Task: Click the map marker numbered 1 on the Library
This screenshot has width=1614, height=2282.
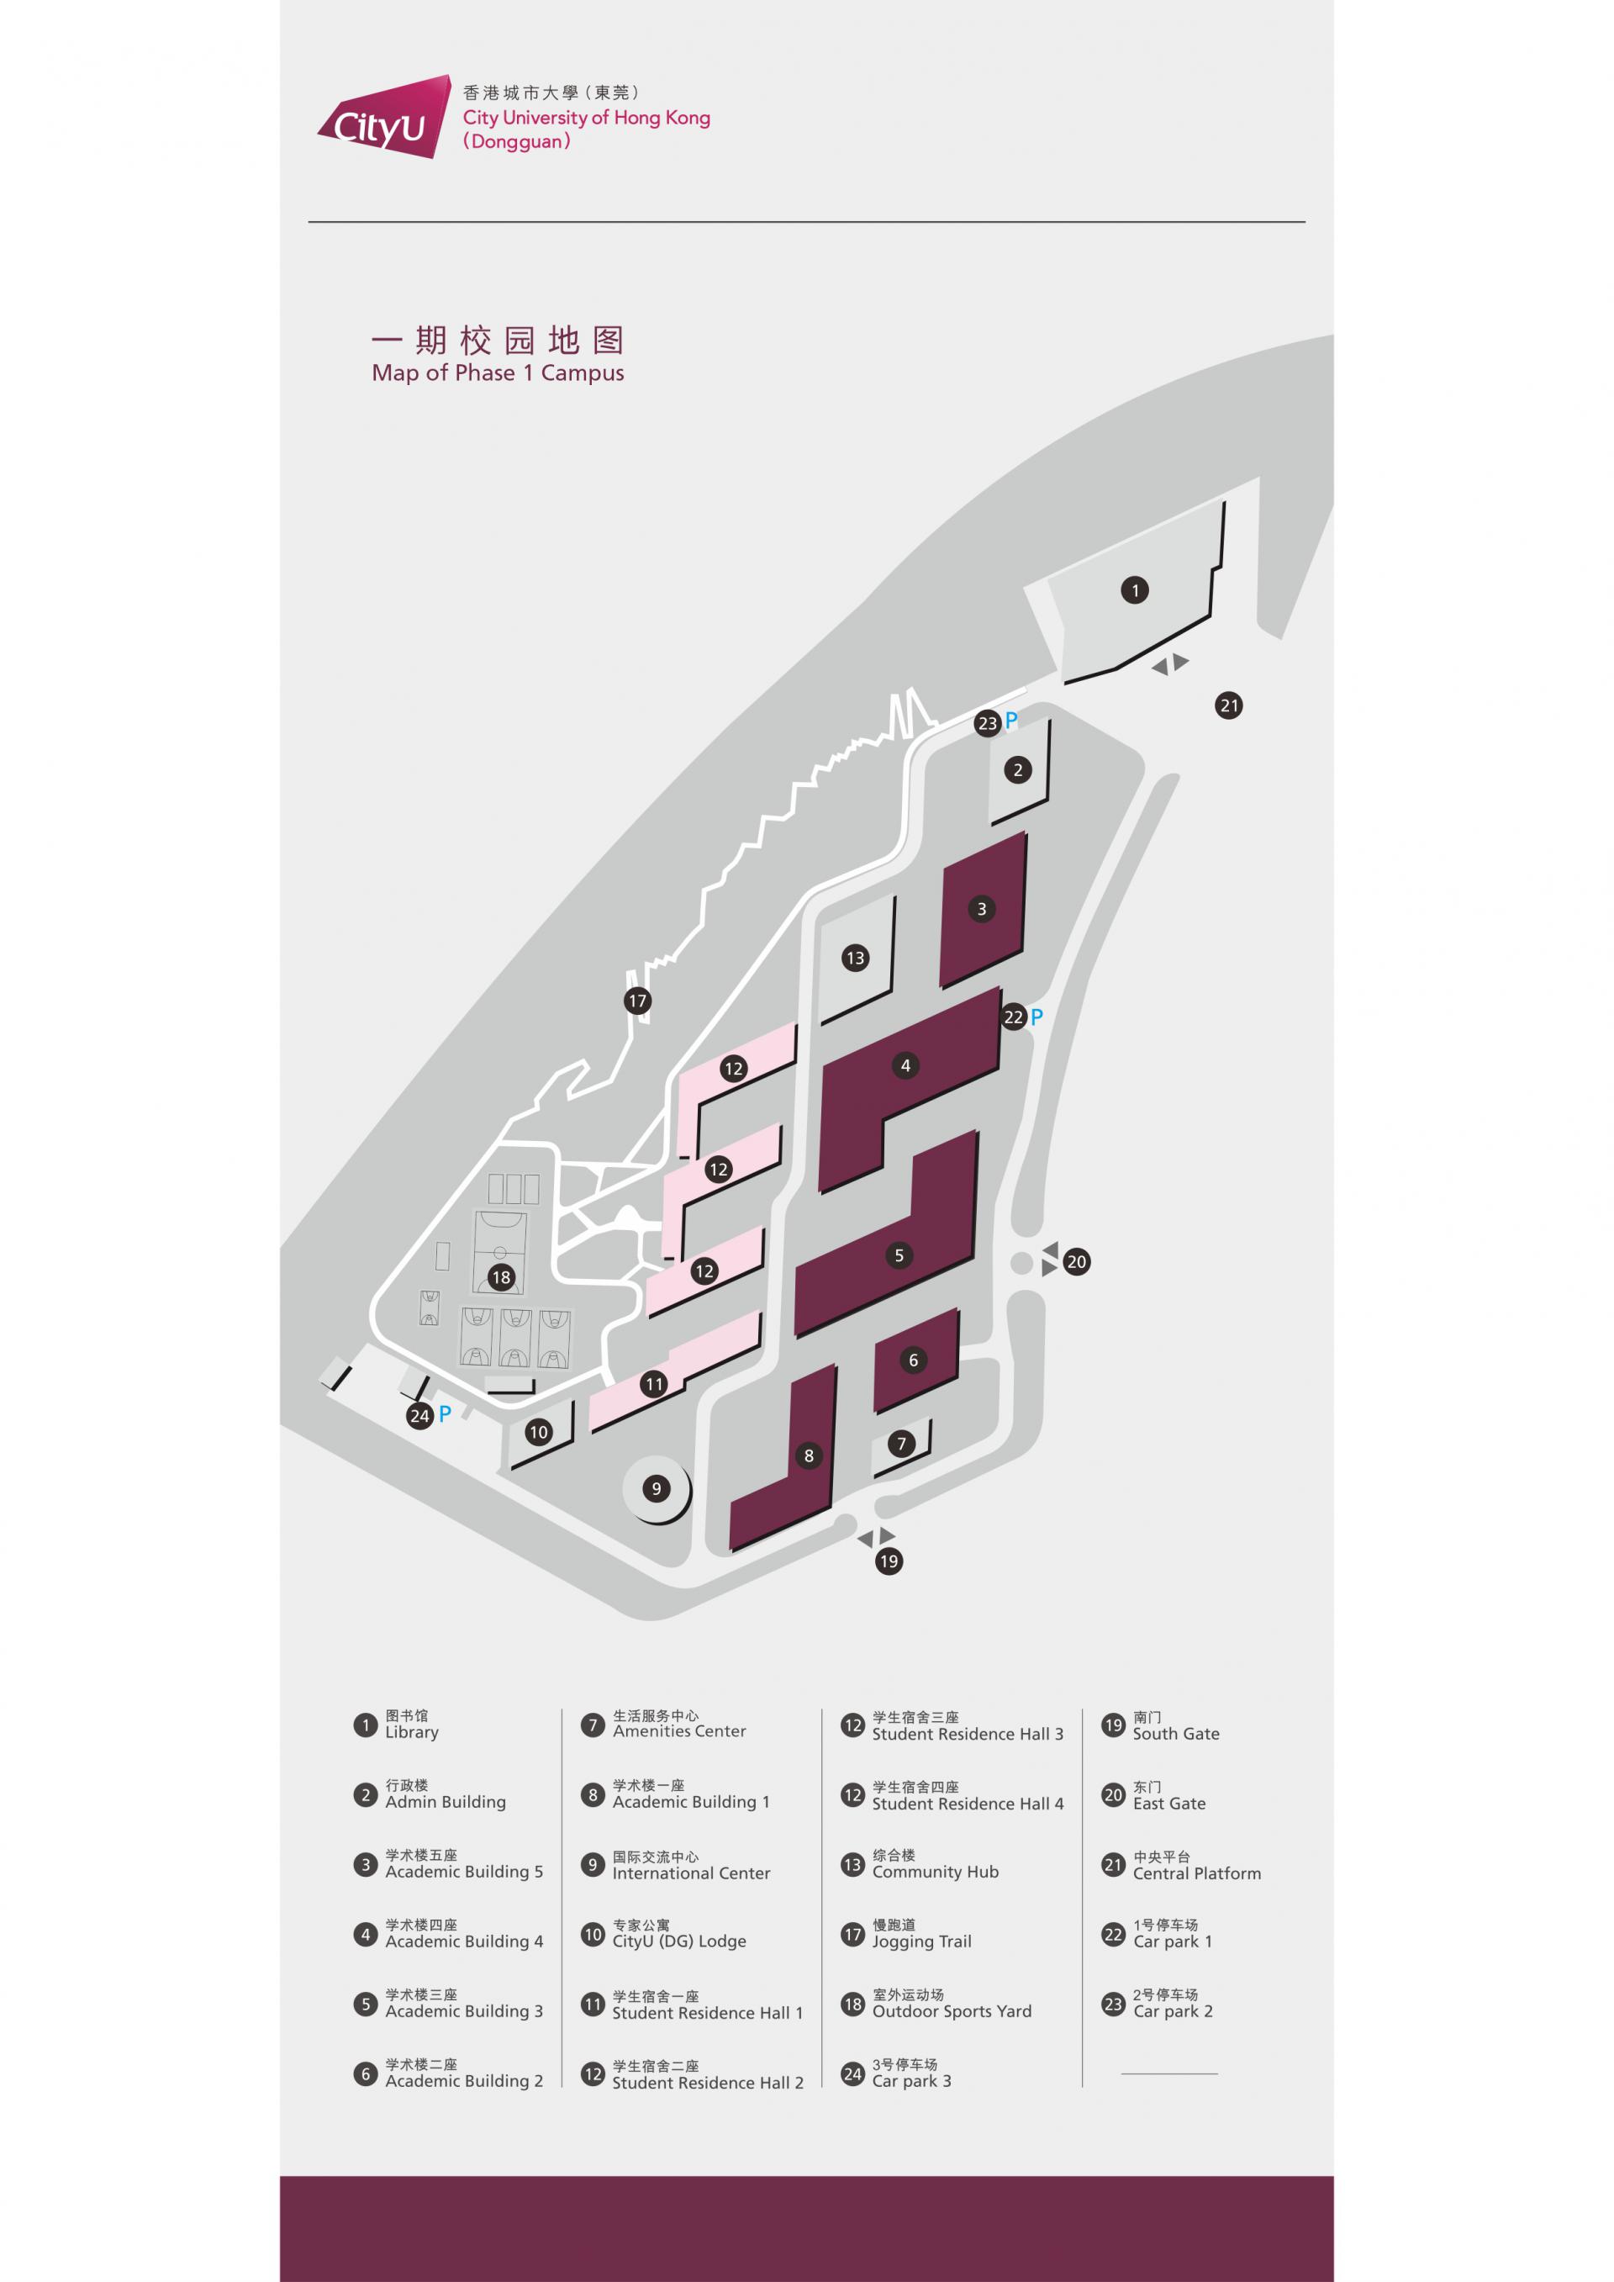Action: (x=1135, y=590)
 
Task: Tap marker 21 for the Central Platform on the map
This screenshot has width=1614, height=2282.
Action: (x=1229, y=705)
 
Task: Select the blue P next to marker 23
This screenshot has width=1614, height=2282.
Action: (x=1012, y=721)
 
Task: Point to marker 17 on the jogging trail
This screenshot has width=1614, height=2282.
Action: (x=638, y=1001)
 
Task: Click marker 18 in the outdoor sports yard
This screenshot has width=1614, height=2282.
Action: (x=501, y=1277)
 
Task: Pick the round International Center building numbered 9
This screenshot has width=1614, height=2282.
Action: (x=655, y=1488)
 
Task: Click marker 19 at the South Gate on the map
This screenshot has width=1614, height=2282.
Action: (x=889, y=1561)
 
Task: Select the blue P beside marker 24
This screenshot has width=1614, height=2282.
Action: (x=446, y=1413)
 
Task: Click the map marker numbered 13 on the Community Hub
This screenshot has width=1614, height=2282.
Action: (x=855, y=959)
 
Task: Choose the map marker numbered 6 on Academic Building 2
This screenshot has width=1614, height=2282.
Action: (x=914, y=1360)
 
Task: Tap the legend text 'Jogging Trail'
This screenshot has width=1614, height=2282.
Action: (x=921, y=1941)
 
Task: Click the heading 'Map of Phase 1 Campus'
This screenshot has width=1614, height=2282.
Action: (x=498, y=373)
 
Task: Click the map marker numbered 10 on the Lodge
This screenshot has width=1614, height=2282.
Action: (x=538, y=1432)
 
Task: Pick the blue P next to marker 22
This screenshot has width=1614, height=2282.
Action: (x=1036, y=1017)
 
